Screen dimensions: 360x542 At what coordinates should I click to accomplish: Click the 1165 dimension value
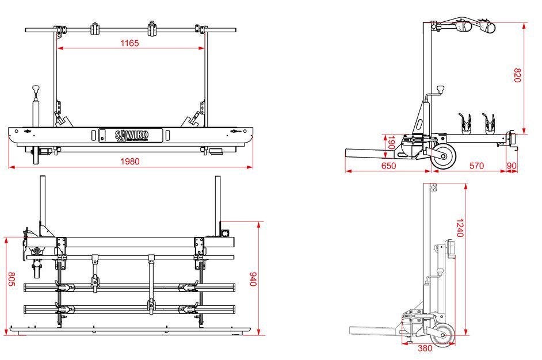pos(129,43)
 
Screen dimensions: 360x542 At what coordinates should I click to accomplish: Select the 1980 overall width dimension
pos(130,162)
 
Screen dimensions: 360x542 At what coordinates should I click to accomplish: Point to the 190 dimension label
pos(391,143)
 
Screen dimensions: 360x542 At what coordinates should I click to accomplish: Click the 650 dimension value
pos(388,166)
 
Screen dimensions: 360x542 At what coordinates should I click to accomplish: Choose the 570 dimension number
pos(476,166)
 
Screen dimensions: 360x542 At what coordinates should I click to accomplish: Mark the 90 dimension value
pos(512,166)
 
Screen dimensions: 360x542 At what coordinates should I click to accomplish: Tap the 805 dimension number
pos(11,279)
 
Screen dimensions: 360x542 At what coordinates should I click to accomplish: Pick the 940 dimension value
pos(251,279)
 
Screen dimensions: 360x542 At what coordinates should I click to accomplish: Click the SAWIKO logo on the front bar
pos(132,135)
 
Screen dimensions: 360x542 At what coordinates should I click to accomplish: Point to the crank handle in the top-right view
pos(439,90)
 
